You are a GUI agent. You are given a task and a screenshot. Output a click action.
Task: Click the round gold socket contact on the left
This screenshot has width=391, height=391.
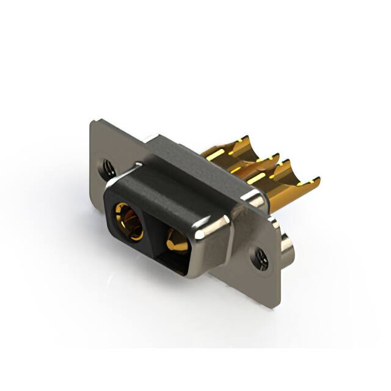pos(129,221)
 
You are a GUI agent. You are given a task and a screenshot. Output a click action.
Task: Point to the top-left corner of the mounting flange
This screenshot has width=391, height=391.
pos(93,122)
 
